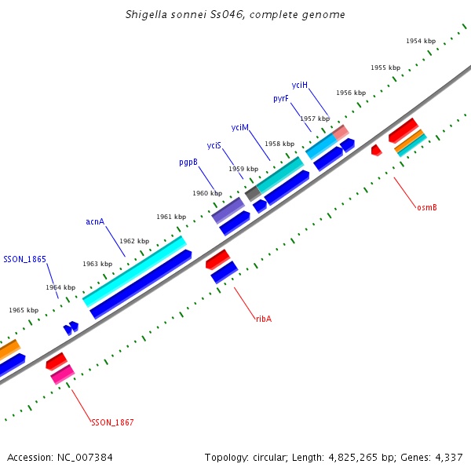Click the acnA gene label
[95, 222]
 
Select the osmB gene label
[427, 207]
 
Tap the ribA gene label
[264, 319]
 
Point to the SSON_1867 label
[112, 423]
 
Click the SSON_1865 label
[25, 259]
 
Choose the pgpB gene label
[188, 162]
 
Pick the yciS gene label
[214, 145]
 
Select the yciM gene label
[240, 127]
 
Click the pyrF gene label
[281, 99]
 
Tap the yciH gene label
[300, 85]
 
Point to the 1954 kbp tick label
[421, 41]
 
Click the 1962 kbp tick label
[134, 241]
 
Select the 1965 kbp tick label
[24, 310]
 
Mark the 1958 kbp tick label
[279, 144]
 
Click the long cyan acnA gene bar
[134, 272]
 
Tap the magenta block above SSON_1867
[63, 374]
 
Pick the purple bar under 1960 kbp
[228, 210]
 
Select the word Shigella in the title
[150, 15]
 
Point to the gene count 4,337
[447, 457]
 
